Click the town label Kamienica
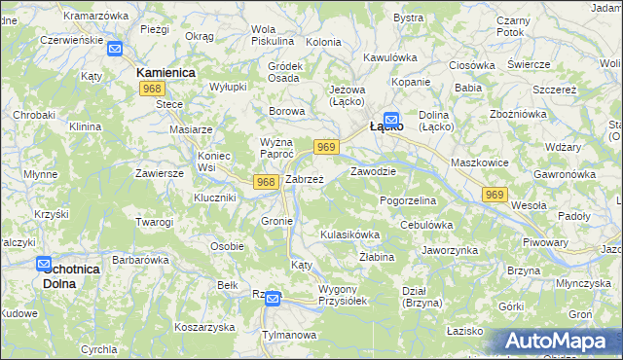[166, 73]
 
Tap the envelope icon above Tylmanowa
[273, 299]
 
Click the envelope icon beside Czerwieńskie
[114, 49]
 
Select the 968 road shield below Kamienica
[151, 89]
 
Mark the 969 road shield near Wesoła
[495, 196]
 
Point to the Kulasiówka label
[349, 234]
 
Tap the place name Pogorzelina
[408, 199]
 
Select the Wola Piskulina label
[272, 35]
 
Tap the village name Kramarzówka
[95, 16]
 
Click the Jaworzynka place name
[450, 250]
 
